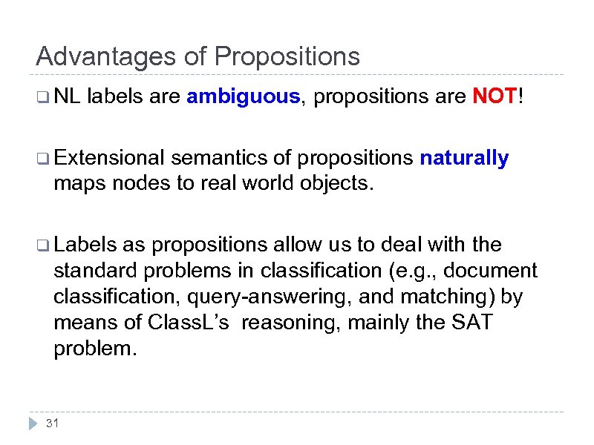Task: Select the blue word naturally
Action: click(464, 158)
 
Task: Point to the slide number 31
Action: click(52, 423)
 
